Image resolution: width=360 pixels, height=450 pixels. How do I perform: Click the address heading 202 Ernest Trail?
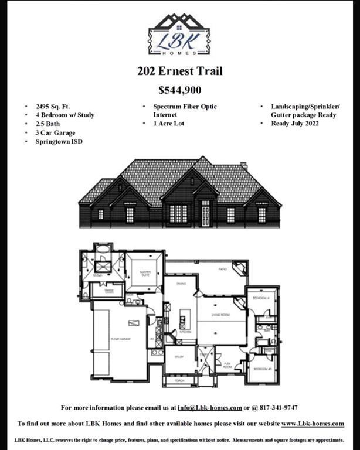tap(180, 72)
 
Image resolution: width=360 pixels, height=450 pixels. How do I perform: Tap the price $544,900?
tap(179, 90)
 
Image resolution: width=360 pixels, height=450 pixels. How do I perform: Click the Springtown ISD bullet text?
tap(59, 141)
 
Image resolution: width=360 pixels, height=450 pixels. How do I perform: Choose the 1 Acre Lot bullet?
tap(169, 124)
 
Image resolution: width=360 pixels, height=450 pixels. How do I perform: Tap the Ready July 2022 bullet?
tap(295, 124)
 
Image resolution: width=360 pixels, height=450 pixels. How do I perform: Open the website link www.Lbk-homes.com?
tap(313, 424)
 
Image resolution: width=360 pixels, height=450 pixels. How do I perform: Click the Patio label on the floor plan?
tap(222, 269)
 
